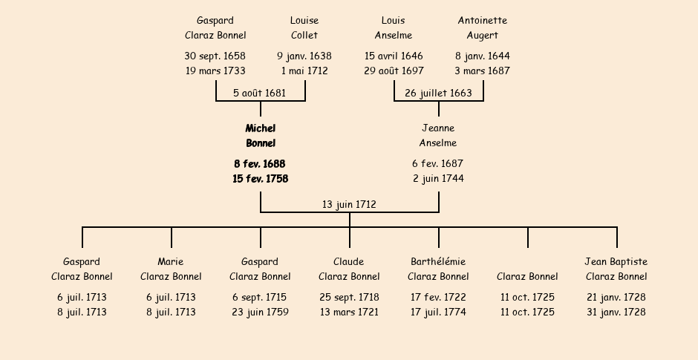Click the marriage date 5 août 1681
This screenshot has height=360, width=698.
point(259,94)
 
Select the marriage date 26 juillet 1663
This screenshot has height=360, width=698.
point(438,94)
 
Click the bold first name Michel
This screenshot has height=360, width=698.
point(261,128)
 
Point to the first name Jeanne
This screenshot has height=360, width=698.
point(438,128)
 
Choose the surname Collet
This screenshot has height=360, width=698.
point(304,36)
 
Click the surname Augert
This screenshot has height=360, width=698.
point(483,36)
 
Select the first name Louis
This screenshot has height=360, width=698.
point(394,21)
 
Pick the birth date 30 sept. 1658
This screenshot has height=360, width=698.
point(215,56)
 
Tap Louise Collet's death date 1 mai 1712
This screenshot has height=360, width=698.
point(304,71)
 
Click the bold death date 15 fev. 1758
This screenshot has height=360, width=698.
point(261,179)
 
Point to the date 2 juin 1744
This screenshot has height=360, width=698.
point(438,179)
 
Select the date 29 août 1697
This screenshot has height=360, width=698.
point(394,71)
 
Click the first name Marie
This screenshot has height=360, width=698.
point(171,262)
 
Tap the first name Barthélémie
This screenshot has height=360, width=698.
point(438,262)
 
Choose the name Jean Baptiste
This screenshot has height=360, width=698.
point(616,262)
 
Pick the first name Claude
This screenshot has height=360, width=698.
point(349,262)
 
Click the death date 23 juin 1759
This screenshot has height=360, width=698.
point(260,312)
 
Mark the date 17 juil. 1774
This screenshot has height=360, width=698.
point(438,312)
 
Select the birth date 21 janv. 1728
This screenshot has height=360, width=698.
point(616,298)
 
